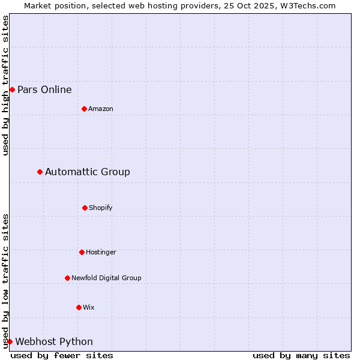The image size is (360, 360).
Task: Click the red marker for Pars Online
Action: click(12, 89)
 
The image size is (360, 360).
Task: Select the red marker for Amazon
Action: click(84, 109)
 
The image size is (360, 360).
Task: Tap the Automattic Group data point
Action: click(40, 172)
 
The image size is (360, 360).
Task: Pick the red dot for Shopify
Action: click(85, 208)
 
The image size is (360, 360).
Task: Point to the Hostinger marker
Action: click(82, 252)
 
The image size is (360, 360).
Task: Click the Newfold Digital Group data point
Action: click(67, 278)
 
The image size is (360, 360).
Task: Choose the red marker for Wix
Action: click(79, 307)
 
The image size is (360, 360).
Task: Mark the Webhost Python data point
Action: click(10, 341)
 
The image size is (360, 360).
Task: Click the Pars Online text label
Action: click(44, 90)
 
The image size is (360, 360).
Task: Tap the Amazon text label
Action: click(101, 109)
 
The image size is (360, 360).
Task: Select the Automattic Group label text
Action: click(88, 172)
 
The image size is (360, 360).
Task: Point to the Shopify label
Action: click(101, 208)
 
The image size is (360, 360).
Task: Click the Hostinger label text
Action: click(101, 253)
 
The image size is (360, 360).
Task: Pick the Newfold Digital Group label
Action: click(106, 278)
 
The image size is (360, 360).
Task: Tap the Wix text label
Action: click(89, 308)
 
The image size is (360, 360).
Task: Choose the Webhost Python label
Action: click(54, 342)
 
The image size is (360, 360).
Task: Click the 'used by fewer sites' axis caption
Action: click(62, 355)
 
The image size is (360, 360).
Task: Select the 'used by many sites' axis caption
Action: click(301, 355)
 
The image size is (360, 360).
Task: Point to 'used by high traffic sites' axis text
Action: click(5, 85)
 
